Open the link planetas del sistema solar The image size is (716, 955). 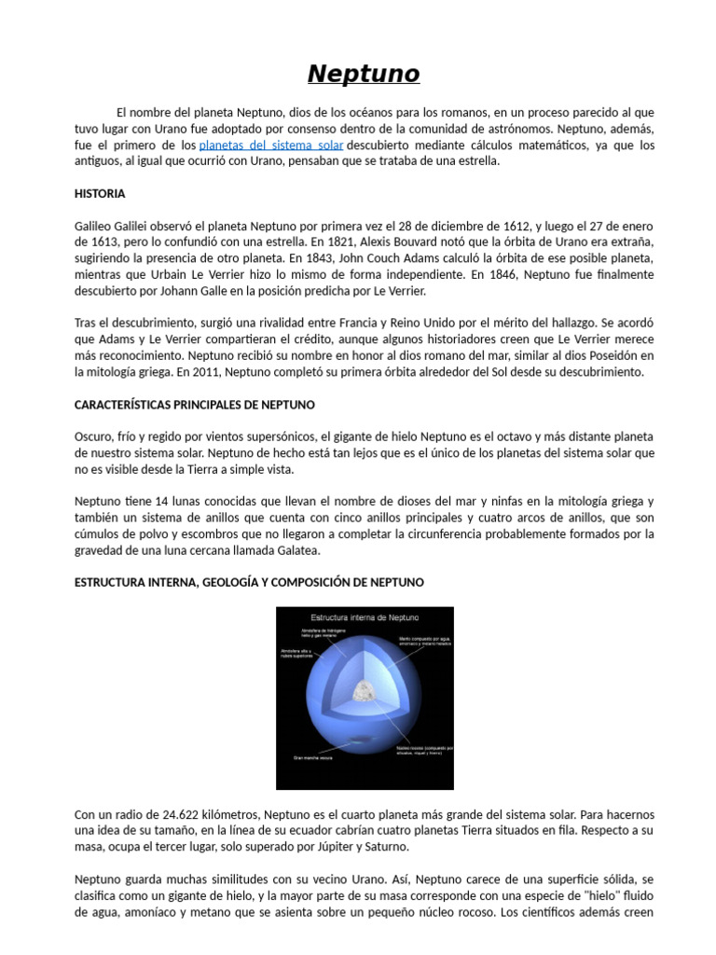[271, 145]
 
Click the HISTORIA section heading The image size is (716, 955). [99, 194]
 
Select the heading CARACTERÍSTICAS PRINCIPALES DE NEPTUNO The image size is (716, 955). [194, 405]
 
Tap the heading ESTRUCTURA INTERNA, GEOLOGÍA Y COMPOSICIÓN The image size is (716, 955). [248, 582]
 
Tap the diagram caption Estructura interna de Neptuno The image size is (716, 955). [365, 617]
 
